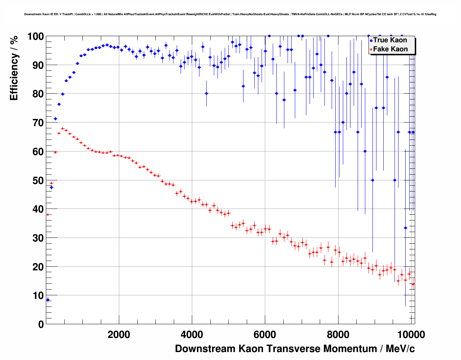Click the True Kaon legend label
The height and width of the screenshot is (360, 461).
point(390,40)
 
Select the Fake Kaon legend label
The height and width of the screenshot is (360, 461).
point(390,49)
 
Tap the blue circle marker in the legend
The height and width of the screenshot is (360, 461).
point(371,40)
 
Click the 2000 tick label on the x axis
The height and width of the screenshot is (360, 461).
point(119,334)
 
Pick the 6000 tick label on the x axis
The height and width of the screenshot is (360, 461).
point(265,334)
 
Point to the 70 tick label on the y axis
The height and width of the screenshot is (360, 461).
point(35,123)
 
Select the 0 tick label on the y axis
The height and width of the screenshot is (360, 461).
point(40,324)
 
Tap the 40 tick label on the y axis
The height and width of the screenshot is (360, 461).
point(35,209)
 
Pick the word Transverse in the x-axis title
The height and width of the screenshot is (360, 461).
point(294,349)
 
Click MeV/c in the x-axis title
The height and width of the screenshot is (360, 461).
point(400,349)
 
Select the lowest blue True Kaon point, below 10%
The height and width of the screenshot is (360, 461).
point(48,299)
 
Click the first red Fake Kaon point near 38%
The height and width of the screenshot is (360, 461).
point(48,214)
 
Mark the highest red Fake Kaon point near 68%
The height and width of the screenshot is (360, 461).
point(63,128)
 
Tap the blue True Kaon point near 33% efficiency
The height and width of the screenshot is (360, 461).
point(405,228)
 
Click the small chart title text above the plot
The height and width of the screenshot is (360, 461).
point(230,14)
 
